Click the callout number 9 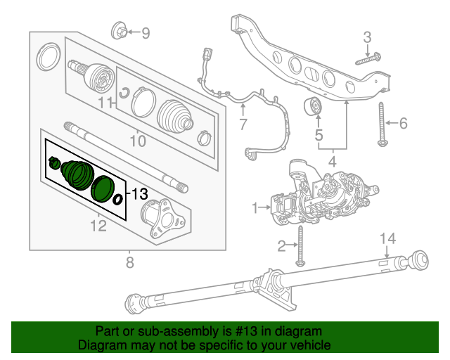(x=146, y=32)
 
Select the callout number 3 (x=366, y=37)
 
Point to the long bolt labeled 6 (x=382, y=124)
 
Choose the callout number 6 (x=403, y=124)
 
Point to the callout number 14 (x=385, y=239)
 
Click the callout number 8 (x=129, y=264)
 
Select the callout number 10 (x=137, y=141)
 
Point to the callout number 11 (x=105, y=103)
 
